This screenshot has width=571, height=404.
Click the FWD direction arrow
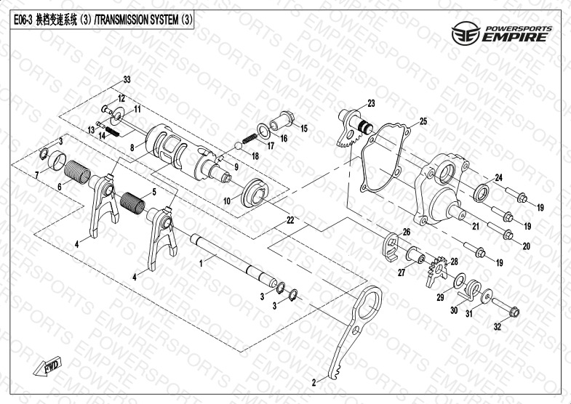(48, 365)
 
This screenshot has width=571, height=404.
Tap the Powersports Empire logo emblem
(466, 33)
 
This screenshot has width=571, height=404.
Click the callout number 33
(127, 79)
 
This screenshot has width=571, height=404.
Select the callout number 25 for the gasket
(423, 121)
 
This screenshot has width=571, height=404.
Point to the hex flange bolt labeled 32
(506, 308)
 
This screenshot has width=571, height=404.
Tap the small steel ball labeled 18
(238, 146)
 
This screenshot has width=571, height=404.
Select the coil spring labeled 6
(77, 172)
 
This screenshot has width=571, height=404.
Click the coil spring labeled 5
(132, 203)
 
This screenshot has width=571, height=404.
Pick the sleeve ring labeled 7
(57, 161)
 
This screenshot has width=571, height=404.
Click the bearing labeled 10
(255, 193)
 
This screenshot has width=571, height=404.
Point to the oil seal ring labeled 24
(482, 193)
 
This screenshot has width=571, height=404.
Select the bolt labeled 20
(500, 231)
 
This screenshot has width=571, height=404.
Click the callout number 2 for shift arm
(314, 382)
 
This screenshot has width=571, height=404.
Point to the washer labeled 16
(263, 132)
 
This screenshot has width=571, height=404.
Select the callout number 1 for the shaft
(201, 264)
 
